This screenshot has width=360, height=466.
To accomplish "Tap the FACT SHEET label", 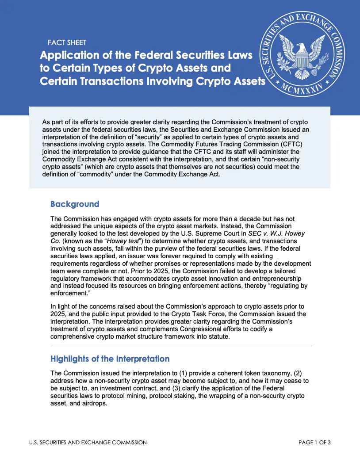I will pos(67,43).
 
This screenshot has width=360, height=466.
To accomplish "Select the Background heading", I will pos(75,204).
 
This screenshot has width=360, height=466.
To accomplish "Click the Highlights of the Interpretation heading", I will pos(110,359).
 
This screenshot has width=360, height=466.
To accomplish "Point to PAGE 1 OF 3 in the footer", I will pos(314,443).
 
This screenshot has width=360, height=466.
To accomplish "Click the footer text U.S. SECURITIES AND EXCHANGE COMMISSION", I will pos(88,443).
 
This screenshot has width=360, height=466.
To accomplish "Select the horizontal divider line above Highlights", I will pos(181,345).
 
